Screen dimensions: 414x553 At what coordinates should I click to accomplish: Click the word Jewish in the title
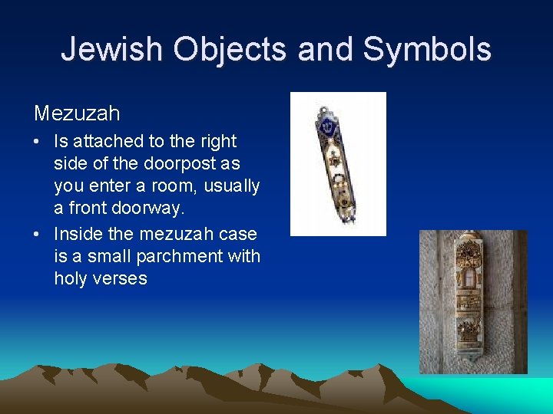112,49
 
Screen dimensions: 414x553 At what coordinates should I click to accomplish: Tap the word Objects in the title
230,49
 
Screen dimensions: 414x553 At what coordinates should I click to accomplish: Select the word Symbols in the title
426,49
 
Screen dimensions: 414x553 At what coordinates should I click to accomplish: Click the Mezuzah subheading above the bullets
77,113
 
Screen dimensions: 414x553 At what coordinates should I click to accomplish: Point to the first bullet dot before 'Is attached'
38,142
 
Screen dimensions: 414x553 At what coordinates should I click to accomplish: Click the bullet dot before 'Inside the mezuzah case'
38,234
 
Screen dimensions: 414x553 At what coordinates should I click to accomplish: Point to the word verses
120,279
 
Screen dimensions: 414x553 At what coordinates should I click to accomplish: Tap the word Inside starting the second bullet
79,233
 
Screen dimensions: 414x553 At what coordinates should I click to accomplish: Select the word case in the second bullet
241,233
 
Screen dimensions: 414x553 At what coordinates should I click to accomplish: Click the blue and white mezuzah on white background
336,163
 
